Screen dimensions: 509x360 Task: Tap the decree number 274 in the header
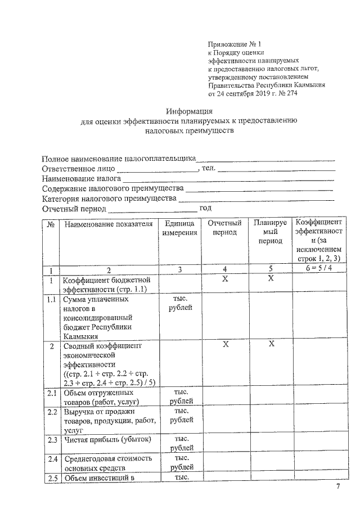[290, 93]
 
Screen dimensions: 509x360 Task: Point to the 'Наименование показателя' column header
[108, 224]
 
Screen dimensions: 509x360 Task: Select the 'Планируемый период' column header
[270, 232]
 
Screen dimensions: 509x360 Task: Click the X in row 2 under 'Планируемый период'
[270, 344]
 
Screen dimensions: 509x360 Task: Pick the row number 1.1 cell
[51, 300]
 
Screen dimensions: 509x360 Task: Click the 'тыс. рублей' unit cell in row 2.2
[180, 416]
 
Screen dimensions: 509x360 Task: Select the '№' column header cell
[51, 224]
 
